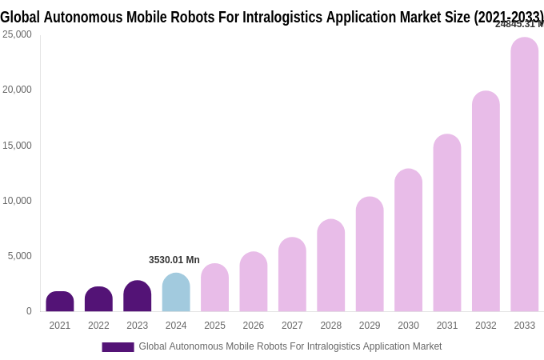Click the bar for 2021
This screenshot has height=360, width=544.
(60, 302)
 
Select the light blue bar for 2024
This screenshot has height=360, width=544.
(176, 293)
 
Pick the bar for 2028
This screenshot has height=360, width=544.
(331, 266)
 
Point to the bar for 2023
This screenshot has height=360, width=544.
(138, 296)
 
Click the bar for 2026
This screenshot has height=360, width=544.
(254, 282)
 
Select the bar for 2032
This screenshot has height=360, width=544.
(486, 202)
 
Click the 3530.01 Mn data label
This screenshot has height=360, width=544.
(174, 260)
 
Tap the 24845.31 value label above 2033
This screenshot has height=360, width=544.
(518, 24)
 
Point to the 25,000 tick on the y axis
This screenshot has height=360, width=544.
(17, 34)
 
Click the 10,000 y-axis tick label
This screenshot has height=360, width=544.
(17, 201)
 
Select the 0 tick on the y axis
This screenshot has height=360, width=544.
(29, 311)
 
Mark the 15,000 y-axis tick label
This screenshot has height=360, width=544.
(17, 146)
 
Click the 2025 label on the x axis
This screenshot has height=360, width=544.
(214, 326)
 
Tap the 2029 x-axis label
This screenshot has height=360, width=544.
(370, 326)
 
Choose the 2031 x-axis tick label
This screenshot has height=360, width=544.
(447, 326)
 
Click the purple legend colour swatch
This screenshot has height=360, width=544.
(118, 347)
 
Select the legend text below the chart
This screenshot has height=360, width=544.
(290, 346)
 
